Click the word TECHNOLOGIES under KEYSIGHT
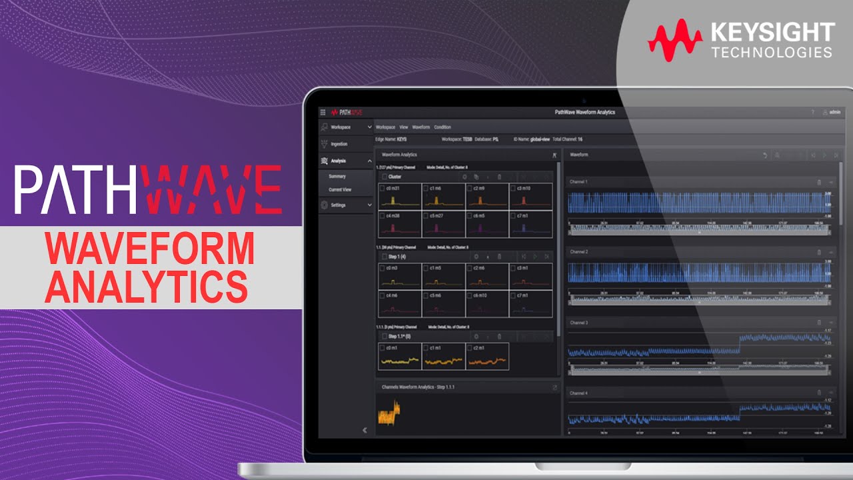[772, 52]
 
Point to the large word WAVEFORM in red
[150, 248]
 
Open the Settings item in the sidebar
[338, 205]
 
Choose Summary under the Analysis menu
[337, 177]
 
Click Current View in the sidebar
[340, 190]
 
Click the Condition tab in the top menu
[442, 127]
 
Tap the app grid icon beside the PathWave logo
[323, 113]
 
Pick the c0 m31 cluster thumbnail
[399, 197]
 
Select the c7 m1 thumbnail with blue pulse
[531, 224]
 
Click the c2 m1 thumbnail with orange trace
[487, 357]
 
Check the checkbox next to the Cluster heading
[384, 177]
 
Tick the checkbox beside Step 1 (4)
[384, 257]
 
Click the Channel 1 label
[578, 181]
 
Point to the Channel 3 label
[578, 323]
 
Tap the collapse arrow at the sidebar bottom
[365, 430]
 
